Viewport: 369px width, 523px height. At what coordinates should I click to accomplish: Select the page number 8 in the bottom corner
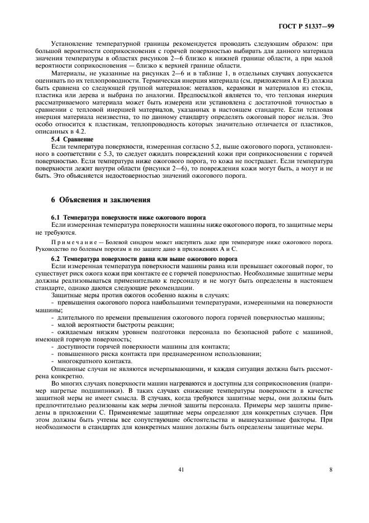tap(330, 470)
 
